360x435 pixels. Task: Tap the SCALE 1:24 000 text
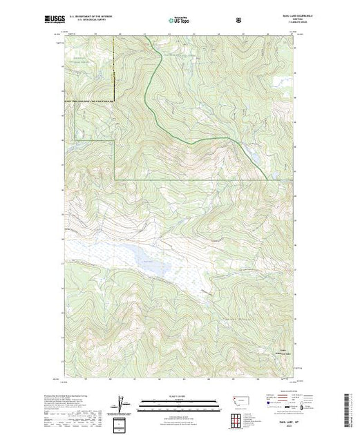point(180,396)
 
